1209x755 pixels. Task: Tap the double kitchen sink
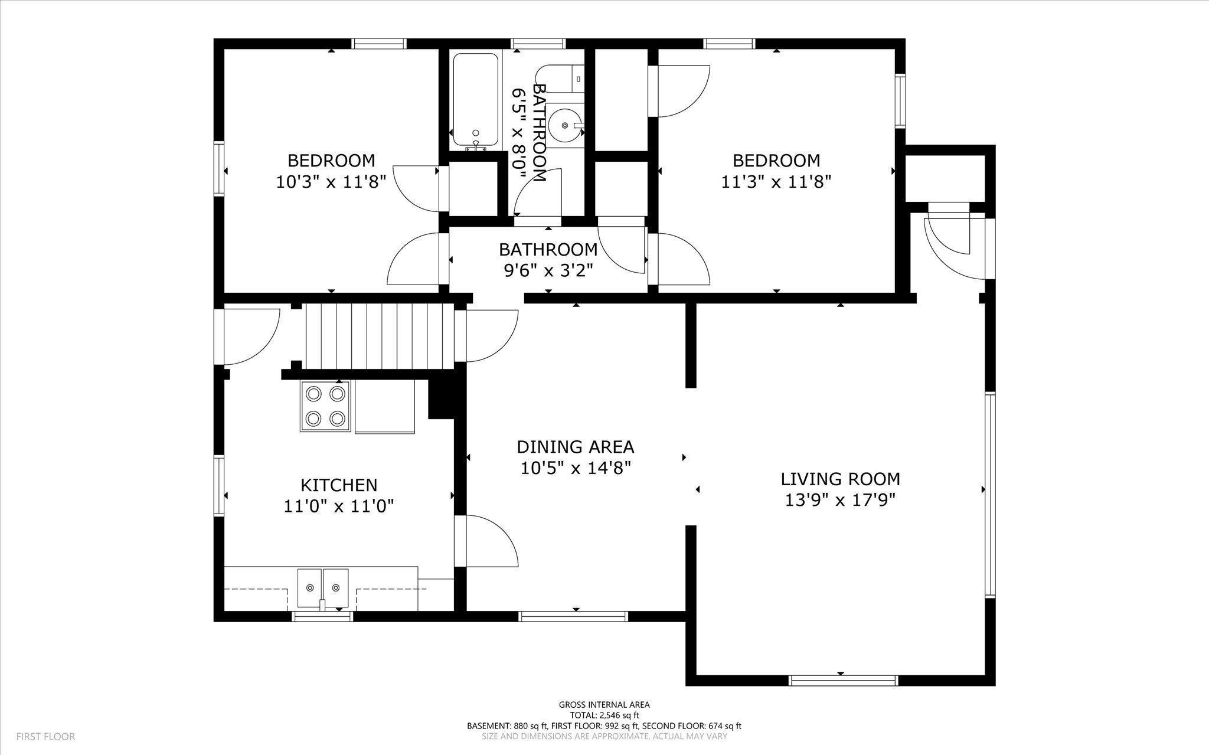coord(323,589)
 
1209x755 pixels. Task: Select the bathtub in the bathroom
coord(475,101)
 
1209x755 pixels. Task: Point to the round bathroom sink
coord(566,125)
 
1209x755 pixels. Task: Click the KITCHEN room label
coord(339,485)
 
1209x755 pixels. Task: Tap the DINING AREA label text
coord(576,446)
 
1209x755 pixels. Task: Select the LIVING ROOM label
coord(841,479)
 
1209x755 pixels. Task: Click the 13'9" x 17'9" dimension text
coord(841,500)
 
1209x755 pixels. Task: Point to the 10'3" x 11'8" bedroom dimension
coord(331,181)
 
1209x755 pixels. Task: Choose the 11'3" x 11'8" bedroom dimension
coord(776,181)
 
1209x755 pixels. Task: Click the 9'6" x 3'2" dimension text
coord(548,270)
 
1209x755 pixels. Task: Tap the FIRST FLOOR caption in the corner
coord(45,737)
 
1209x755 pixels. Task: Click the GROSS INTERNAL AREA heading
coord(604,704)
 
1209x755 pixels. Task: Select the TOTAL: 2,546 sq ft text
coord(604,715)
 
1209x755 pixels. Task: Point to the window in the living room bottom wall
coord(844,681)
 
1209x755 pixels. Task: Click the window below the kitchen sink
coord(323,616)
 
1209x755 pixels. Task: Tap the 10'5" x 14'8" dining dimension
coord(576,468)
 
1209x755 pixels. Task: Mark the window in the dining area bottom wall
coord(573,616)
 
